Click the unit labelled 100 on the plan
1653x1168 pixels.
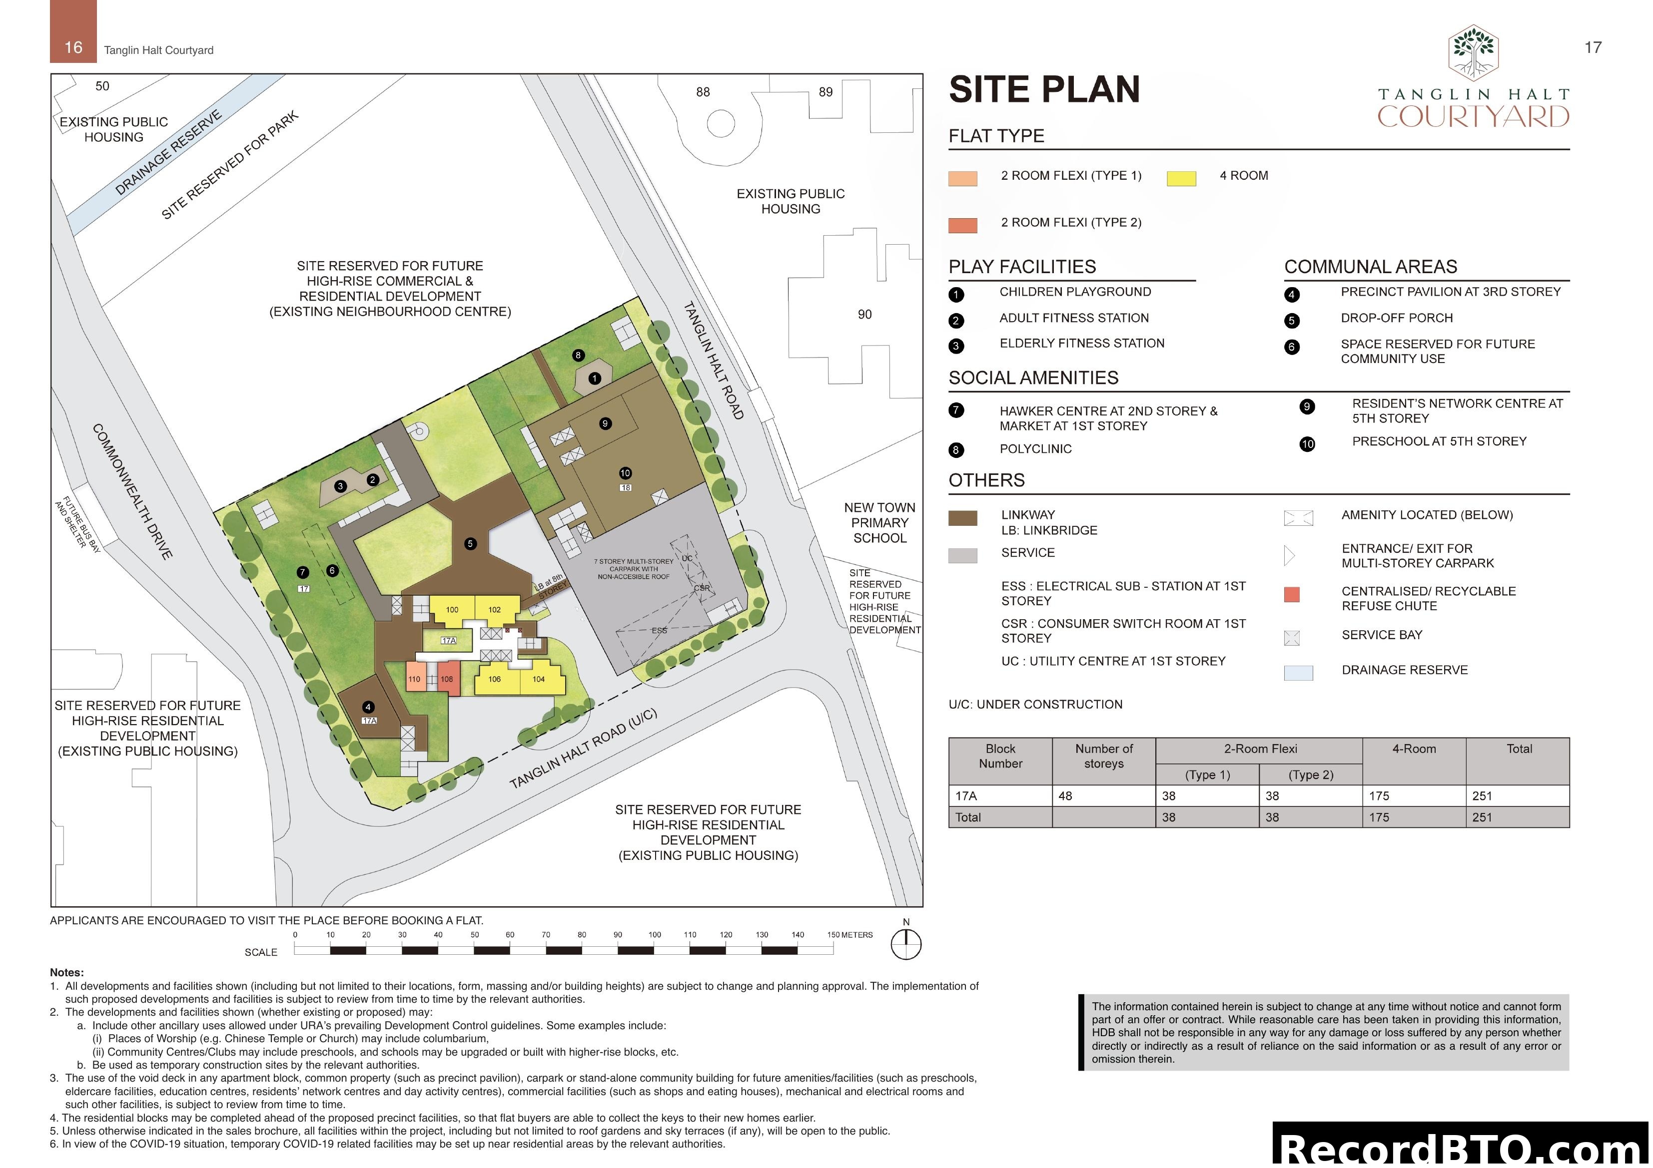click(452, 610)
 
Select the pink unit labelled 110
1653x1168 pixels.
click(414, 679)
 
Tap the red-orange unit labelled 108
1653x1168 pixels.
click(447, 679)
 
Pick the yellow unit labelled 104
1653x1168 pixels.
click(539, 679)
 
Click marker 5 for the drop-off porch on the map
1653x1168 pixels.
click(470, 544)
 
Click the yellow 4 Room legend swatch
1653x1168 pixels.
click(1181, 178)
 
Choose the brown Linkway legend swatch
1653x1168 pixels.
click(962, 518)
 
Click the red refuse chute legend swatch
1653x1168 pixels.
click(1292, 594)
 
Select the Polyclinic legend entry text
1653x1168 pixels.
click(1035, 449)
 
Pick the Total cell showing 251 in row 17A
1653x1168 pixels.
click(1483, 796)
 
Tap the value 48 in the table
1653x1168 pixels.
click(1065, 796)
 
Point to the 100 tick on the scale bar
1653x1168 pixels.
click(655, 935)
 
